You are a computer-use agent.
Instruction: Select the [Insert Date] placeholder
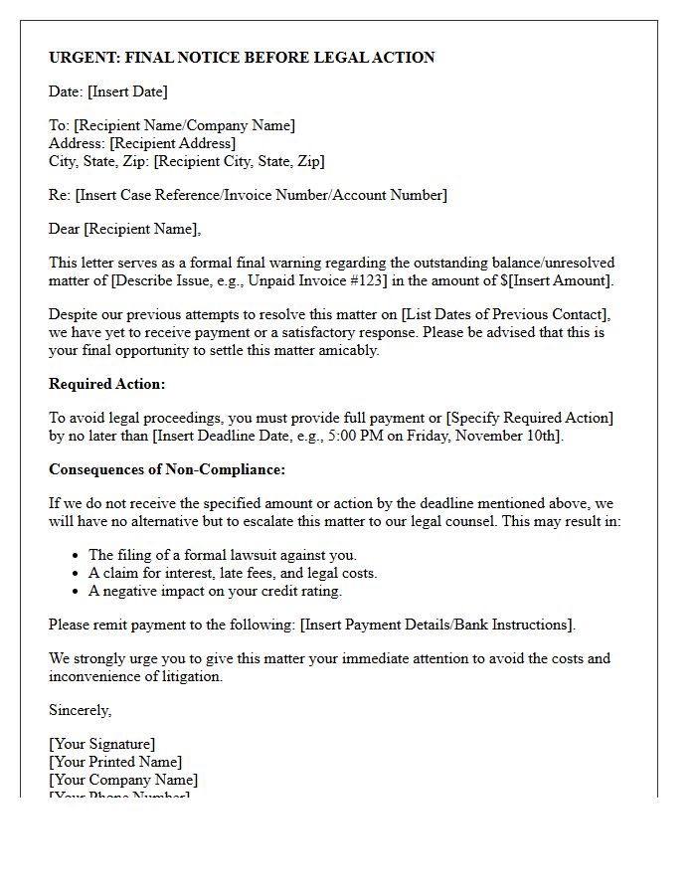127,91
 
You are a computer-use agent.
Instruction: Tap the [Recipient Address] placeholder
173,143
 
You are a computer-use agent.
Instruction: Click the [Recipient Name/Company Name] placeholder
184,125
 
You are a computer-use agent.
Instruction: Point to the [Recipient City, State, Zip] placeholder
239,161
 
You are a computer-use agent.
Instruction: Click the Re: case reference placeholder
261,195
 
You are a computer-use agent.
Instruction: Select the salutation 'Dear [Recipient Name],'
124,229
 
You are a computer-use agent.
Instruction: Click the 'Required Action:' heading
107,384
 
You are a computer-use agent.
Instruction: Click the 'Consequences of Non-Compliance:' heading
167,469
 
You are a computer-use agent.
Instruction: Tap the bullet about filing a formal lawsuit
223,555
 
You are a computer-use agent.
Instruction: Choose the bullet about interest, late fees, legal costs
233,573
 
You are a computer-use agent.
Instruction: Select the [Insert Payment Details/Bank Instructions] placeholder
436,625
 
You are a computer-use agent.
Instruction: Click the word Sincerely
80,710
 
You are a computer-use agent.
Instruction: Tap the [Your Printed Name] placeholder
115,762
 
